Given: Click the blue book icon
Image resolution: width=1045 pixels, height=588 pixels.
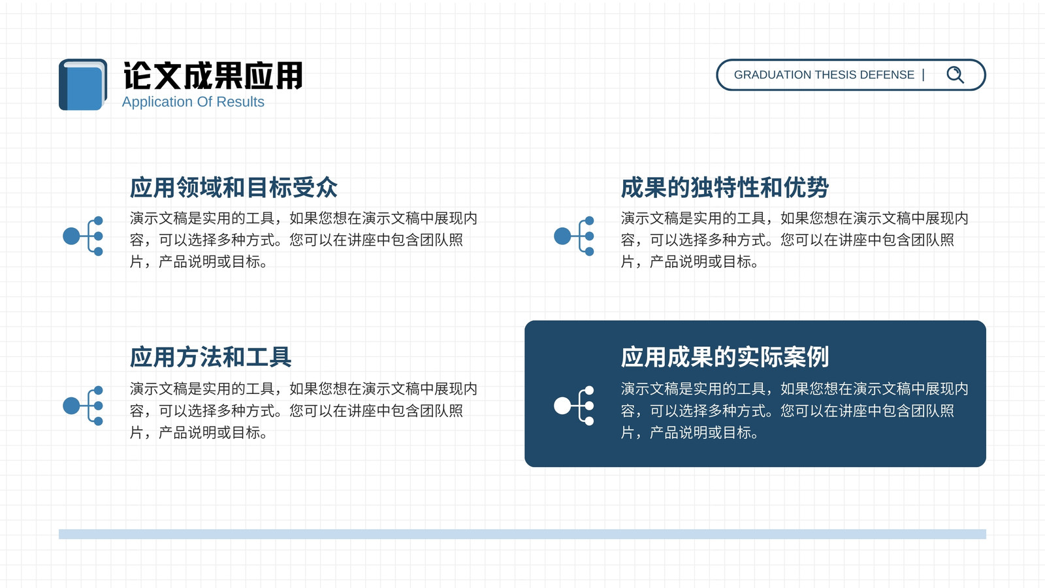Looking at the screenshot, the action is [83, 84].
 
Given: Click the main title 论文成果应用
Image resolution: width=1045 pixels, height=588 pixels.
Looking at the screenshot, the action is [213, 76].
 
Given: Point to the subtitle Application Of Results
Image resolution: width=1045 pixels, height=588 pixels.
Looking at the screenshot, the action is [193, 102].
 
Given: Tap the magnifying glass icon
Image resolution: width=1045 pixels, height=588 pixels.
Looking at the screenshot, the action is [956, 74].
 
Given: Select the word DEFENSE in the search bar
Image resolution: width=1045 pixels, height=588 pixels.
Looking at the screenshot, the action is [887, 74].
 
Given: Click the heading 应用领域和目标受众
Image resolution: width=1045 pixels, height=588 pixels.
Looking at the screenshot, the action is [233, 188].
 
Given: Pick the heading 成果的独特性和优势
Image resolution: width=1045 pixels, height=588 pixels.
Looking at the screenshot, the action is [724, 188].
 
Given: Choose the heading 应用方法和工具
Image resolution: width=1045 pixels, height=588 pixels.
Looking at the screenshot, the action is [210, 357].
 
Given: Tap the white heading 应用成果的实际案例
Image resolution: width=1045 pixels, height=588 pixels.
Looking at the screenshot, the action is [724, 357].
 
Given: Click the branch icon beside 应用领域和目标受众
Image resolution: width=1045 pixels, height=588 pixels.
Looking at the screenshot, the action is [83, 236].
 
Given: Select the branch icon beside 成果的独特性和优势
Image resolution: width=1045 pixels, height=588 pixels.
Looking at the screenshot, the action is [574, 236].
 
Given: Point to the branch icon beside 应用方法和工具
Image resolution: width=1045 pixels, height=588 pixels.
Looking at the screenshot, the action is [83, 406].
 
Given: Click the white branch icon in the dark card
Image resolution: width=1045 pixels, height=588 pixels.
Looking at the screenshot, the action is [574, 406].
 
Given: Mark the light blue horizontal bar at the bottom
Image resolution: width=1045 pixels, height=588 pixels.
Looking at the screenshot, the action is [522, 534].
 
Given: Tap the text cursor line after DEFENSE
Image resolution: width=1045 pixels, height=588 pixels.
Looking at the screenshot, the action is [924, 74].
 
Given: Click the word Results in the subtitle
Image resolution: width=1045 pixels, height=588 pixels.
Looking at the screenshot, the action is [240, 102].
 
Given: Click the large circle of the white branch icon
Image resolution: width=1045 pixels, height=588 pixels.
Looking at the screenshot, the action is [562, 406].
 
